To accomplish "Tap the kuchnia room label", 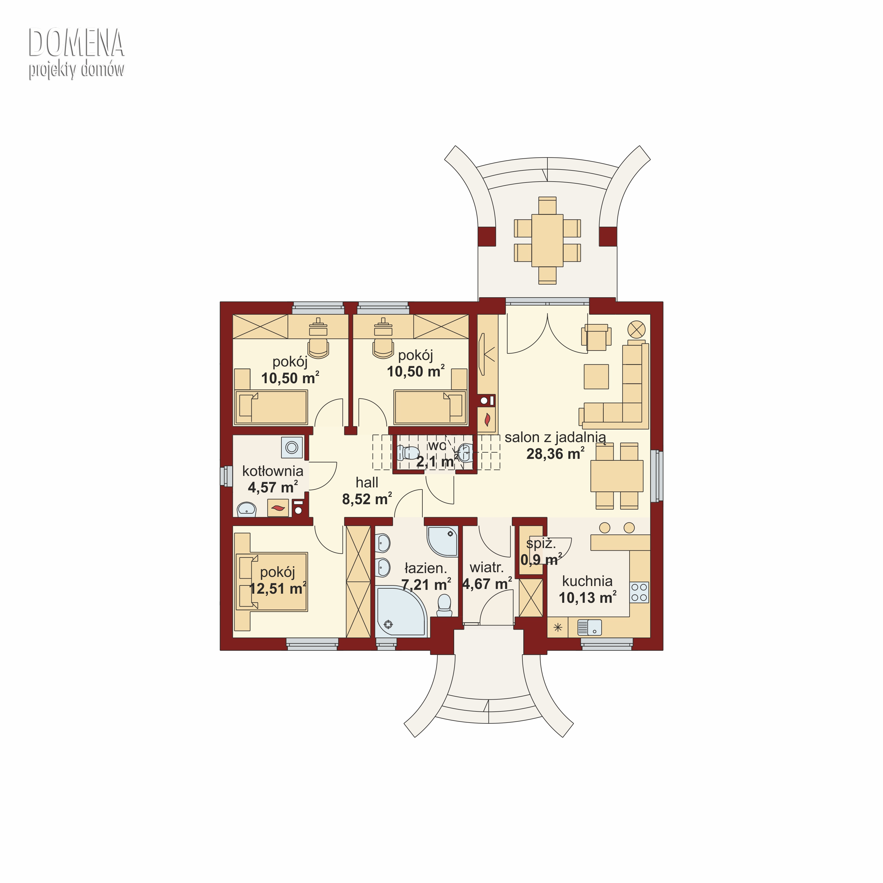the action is pyautogui.click(x=587, y=581).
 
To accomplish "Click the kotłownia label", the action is pyautogui.click(x=273, y=471).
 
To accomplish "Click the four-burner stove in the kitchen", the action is pyautogui.click(x=639, y=592).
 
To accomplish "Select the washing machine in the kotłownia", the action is pyautogui.click(x=292, y=447).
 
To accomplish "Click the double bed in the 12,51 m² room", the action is pyautogui.click(x=272, y=582).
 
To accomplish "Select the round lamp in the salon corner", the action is pyautogui.click(x=636, y=329).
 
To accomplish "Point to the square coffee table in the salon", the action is pyautogui.click(x=596, y=377).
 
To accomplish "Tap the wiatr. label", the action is pyautogui.click(x=487, y=568).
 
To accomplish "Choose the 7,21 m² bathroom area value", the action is pyautogui.click(x=426, y=585).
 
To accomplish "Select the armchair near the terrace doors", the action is pyautogui.click(x=596, y=337).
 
